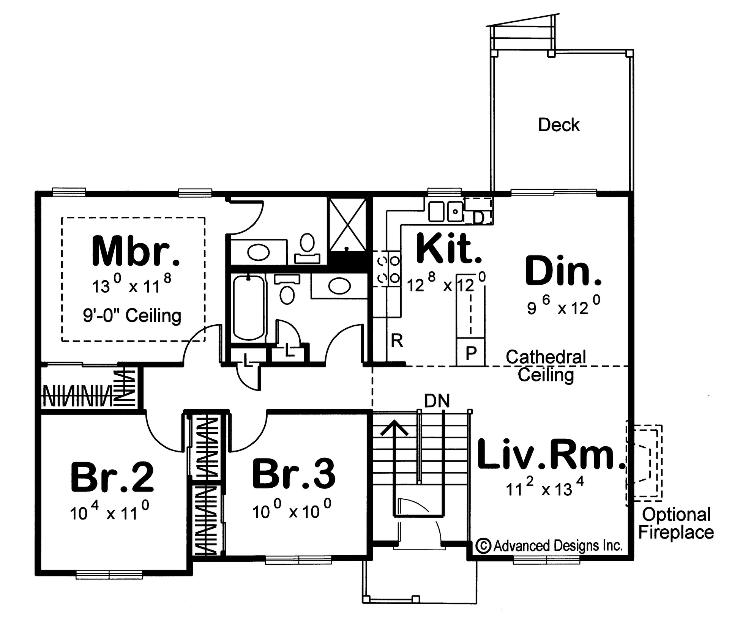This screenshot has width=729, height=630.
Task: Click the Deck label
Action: tap(559, 125)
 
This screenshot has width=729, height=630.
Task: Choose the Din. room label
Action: tap(563, 271)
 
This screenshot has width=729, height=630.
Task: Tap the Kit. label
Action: tap(449, 249)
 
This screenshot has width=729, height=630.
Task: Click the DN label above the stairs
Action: tap(437, 401)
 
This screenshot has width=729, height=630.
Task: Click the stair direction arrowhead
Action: tap(394, 428)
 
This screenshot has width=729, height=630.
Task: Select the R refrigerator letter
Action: tap(397, 341)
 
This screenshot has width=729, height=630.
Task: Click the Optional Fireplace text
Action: tap(676, 523)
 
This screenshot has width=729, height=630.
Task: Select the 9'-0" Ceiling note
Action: tap(132, 315)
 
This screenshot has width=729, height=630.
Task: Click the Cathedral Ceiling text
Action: tap(546, 366)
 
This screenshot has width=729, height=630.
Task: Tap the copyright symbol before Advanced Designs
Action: tap(483, 546)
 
